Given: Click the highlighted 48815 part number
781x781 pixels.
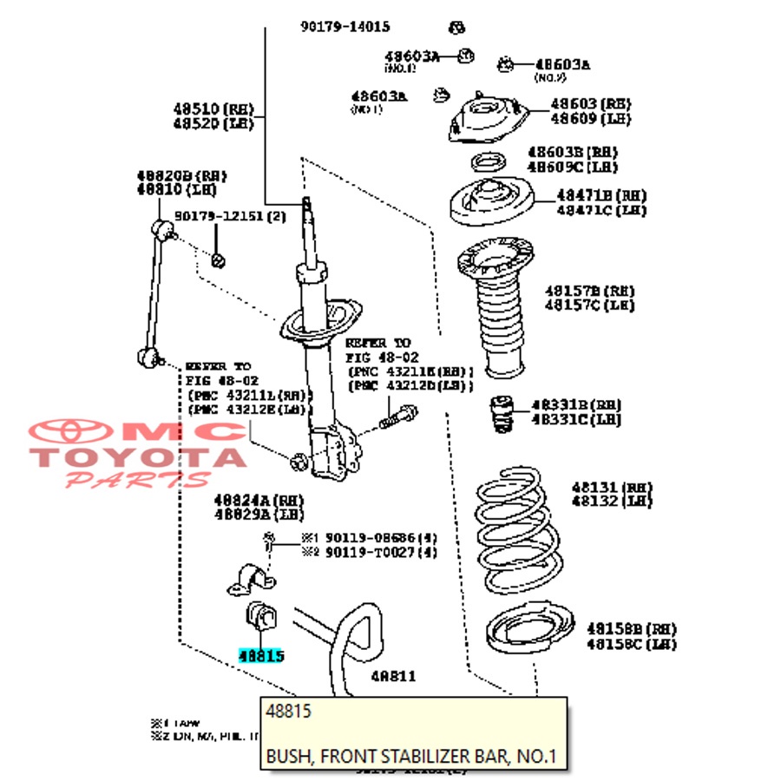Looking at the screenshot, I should point(261,657).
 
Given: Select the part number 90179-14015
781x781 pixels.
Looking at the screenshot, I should point(345,27).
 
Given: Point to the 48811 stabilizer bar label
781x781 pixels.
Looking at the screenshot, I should point(393,676).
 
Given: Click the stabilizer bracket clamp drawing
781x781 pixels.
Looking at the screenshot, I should point(251,580).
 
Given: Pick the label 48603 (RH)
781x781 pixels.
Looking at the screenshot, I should point(590,104).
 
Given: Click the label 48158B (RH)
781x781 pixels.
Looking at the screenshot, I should point(631,628).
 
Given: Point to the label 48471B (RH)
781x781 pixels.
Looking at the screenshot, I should point(601,196).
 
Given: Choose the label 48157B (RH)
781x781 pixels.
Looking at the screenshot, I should point(590,291).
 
